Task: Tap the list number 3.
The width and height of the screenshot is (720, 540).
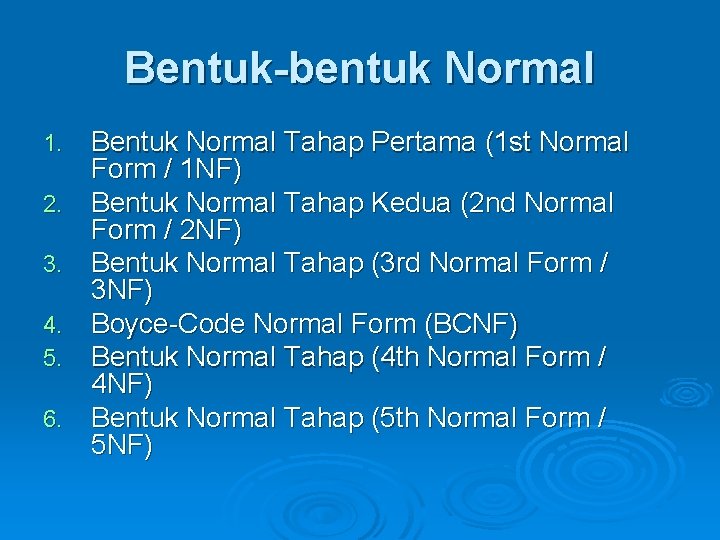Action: pyautogui.click(x=54, y=266)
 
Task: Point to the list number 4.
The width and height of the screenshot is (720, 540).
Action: pyautogui.click(x=54, y=326)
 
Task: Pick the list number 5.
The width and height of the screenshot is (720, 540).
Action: pyautogui.click(x=54, y=357)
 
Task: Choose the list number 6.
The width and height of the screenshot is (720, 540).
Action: pyautogui.click(x=54, y=418)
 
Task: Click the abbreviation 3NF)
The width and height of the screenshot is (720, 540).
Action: pyautogui.click(x=122, y=291)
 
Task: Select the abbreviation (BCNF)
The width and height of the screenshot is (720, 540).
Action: pyautogui.click(x=471, y=324)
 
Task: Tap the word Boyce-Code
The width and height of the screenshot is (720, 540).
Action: pyautogui.click(x=168, y=324)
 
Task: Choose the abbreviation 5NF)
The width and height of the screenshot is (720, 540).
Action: pyautogui.click(x=122, y=445)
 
